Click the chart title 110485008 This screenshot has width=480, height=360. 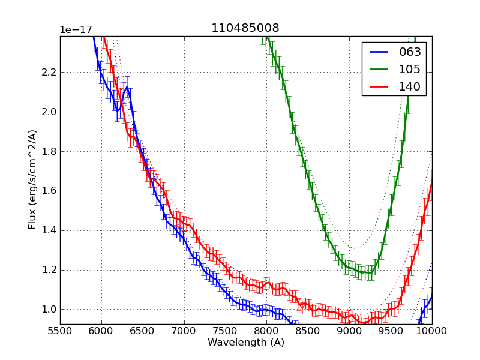pos(245,28)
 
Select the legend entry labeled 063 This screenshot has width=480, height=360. pos(410,52)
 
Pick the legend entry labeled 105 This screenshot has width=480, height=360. pos(410,70)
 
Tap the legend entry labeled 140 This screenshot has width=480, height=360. pos(410,87)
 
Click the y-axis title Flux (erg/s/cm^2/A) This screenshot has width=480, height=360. pos(33,179)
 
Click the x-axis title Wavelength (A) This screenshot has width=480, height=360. pos(246,343)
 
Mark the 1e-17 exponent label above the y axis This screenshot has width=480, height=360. pos(76,30)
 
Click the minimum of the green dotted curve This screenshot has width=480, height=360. pos(355,248)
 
